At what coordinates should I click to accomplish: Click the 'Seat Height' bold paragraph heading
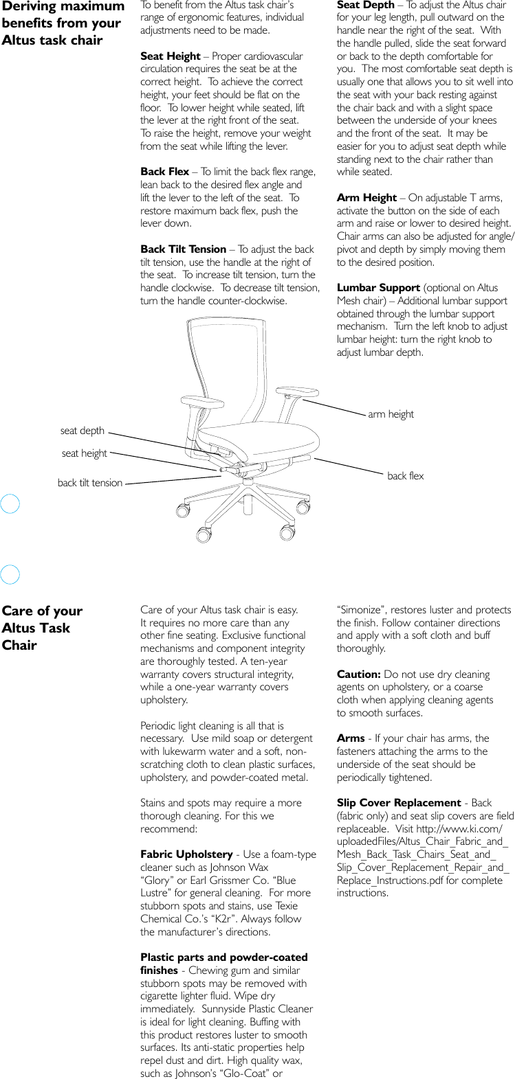(x=171, y=56)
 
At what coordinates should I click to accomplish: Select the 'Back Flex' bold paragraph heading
(x=164, y=172)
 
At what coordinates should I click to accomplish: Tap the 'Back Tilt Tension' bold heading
(x=183, y=249)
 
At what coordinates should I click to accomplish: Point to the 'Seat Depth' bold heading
(x=364, y=5)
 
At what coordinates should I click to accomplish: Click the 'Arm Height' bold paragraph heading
(x=366, y=198)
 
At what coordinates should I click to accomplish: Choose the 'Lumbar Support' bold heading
(x=378, y=288)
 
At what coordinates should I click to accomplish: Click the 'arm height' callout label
(x=391, y=414)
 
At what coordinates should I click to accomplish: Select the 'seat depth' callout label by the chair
(x=83, y=431)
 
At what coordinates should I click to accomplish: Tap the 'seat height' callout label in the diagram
(x=84, y=453)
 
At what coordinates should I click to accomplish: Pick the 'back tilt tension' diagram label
(x=90, y=483)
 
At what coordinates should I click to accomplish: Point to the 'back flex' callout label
(x=405, y=476)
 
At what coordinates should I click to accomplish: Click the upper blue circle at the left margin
(x=10, y=504)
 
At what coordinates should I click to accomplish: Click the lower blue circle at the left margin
(x=10, y=574)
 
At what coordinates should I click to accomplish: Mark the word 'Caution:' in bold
(x=358, y=674)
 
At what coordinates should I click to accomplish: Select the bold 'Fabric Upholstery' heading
(x=186, y=854)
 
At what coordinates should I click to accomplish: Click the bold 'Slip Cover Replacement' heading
(x=399, y=803)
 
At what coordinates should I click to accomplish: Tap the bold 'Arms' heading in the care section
(x=351, y=738)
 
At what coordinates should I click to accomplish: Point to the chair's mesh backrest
(x=227, y=371)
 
